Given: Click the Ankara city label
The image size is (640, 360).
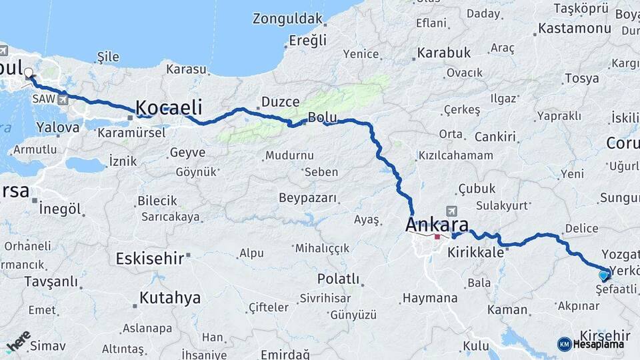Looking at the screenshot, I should pos(437,225).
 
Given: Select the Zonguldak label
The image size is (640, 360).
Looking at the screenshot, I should pos(288,19).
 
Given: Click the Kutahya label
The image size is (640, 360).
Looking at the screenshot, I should pos(169,297).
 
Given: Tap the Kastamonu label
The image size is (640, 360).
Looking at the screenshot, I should pos(574,28).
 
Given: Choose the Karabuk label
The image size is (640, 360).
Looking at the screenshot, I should pos(444,52).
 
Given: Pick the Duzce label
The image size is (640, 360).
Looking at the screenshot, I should pos(280,102).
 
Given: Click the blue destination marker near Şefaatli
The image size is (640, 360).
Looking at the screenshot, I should pos(604,275).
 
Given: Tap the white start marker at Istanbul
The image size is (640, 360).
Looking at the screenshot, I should pos(29,77).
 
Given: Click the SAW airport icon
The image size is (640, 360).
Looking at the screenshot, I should pos(63,100).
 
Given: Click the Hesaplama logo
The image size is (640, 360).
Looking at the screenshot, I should pos(591,343).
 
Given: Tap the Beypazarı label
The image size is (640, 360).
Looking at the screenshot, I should pos(308,198).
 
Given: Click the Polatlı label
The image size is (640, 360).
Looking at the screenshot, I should pos(339,278).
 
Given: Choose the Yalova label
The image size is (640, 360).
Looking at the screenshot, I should pos(58,127).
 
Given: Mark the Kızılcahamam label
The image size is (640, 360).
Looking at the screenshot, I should pos(455,155).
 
